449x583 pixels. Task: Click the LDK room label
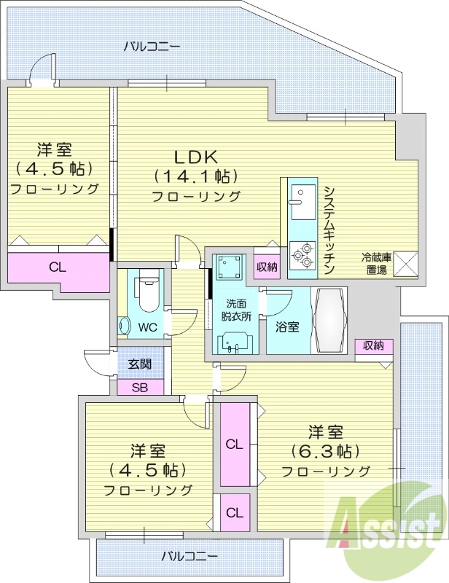(196, 157)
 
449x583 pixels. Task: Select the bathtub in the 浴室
(331, 321)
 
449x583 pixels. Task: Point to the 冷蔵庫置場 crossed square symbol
(405, 264)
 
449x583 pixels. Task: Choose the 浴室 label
(286, 327)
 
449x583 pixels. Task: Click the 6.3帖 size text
(325, 450)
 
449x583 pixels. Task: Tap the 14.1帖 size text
(196, 176)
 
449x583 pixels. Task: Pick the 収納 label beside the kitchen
(267, 267)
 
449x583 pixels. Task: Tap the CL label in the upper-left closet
(58, 267)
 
